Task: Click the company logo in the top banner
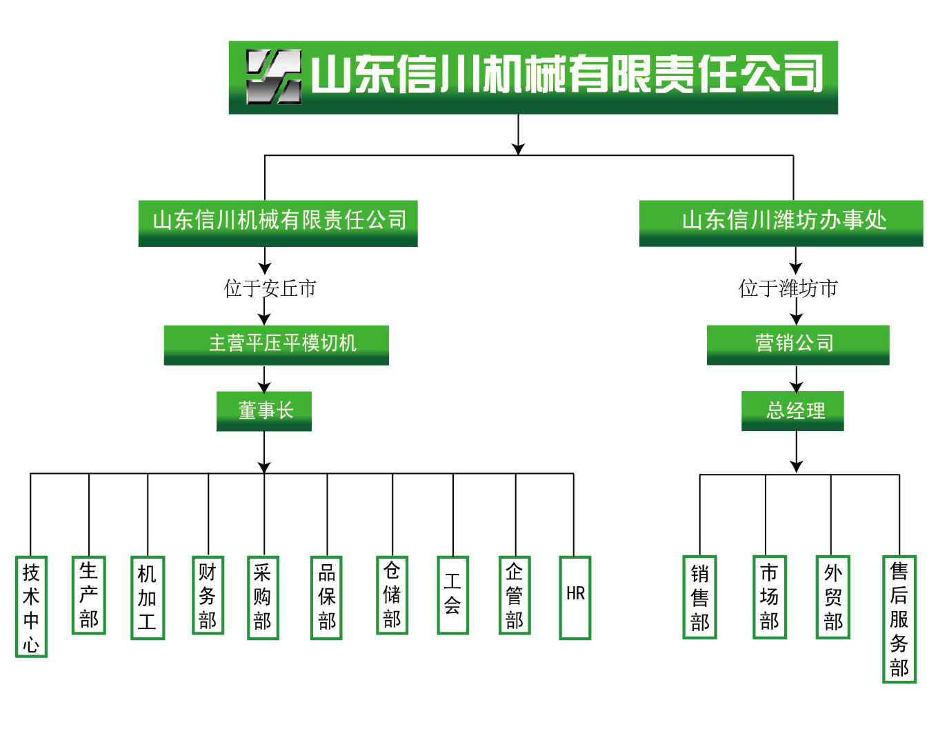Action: (x=274, y=77)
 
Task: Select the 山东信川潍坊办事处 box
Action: (x=781, y=222)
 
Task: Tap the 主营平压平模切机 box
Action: (x=276, y=344)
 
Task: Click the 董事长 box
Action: (x=264, y=411)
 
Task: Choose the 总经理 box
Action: (x=792, y=411)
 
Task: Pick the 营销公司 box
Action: (x=797, y=344)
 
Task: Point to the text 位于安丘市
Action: (x=270, y=288)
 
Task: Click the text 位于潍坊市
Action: (x=788, y=288)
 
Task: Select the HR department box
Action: (x=575, y=597)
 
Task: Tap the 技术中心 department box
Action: (x=31, y=606)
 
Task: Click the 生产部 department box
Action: (x=89, y=595)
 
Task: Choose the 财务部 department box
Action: (x=208, y=595)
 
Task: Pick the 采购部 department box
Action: (x=263, y=597)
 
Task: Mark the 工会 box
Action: (x=452, y=595)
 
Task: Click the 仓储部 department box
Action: (x=392, y=595)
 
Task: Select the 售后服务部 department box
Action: (x=899, y=619)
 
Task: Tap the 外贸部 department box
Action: (x=832, y=597)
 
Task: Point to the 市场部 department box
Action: (x=769, y=597)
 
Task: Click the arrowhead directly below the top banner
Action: (x=519, y=148)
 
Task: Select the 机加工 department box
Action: (x=148, y=597)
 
